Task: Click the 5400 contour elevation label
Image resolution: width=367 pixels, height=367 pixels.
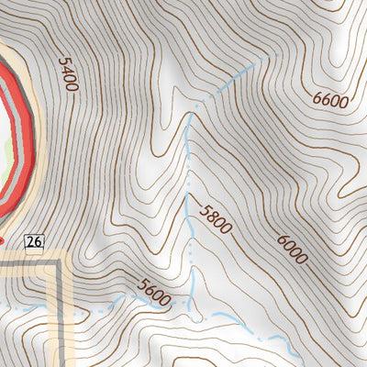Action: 66,73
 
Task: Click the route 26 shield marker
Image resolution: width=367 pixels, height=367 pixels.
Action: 35,241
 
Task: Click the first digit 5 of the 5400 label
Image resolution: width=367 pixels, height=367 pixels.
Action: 62,62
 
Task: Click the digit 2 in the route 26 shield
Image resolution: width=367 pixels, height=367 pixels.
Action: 31,241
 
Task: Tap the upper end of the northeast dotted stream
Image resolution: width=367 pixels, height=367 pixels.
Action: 266,57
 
